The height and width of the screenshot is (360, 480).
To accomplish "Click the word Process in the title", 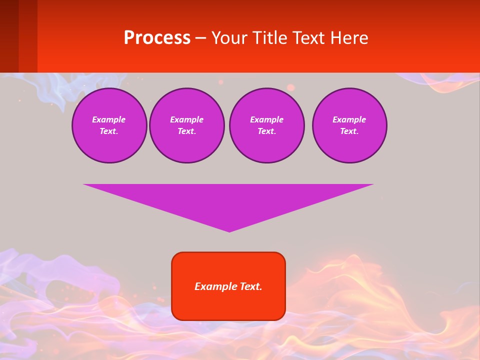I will click(x=157, y=38).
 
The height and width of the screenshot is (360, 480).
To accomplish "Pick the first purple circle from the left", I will click(x=109, y=125).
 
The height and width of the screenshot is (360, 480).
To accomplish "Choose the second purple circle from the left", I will click(x=187, y=125).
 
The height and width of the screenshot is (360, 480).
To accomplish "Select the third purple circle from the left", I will click(x=267, y=125).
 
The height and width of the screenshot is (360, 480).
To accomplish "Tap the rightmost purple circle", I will click(x=349, y=125).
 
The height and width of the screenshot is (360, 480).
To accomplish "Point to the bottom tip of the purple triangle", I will click(x=229, y=231).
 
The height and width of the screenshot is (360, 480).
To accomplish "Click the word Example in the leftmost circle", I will click(x=109, y=119).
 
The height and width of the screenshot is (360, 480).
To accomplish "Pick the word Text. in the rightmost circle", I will click(x=349, y=131).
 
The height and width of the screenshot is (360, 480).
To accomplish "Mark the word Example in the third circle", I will click(x=267, y=119).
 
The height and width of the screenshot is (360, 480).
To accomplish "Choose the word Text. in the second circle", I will click(x=187, y=131).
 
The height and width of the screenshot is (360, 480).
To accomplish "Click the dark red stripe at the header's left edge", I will click(x=9, y=36).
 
